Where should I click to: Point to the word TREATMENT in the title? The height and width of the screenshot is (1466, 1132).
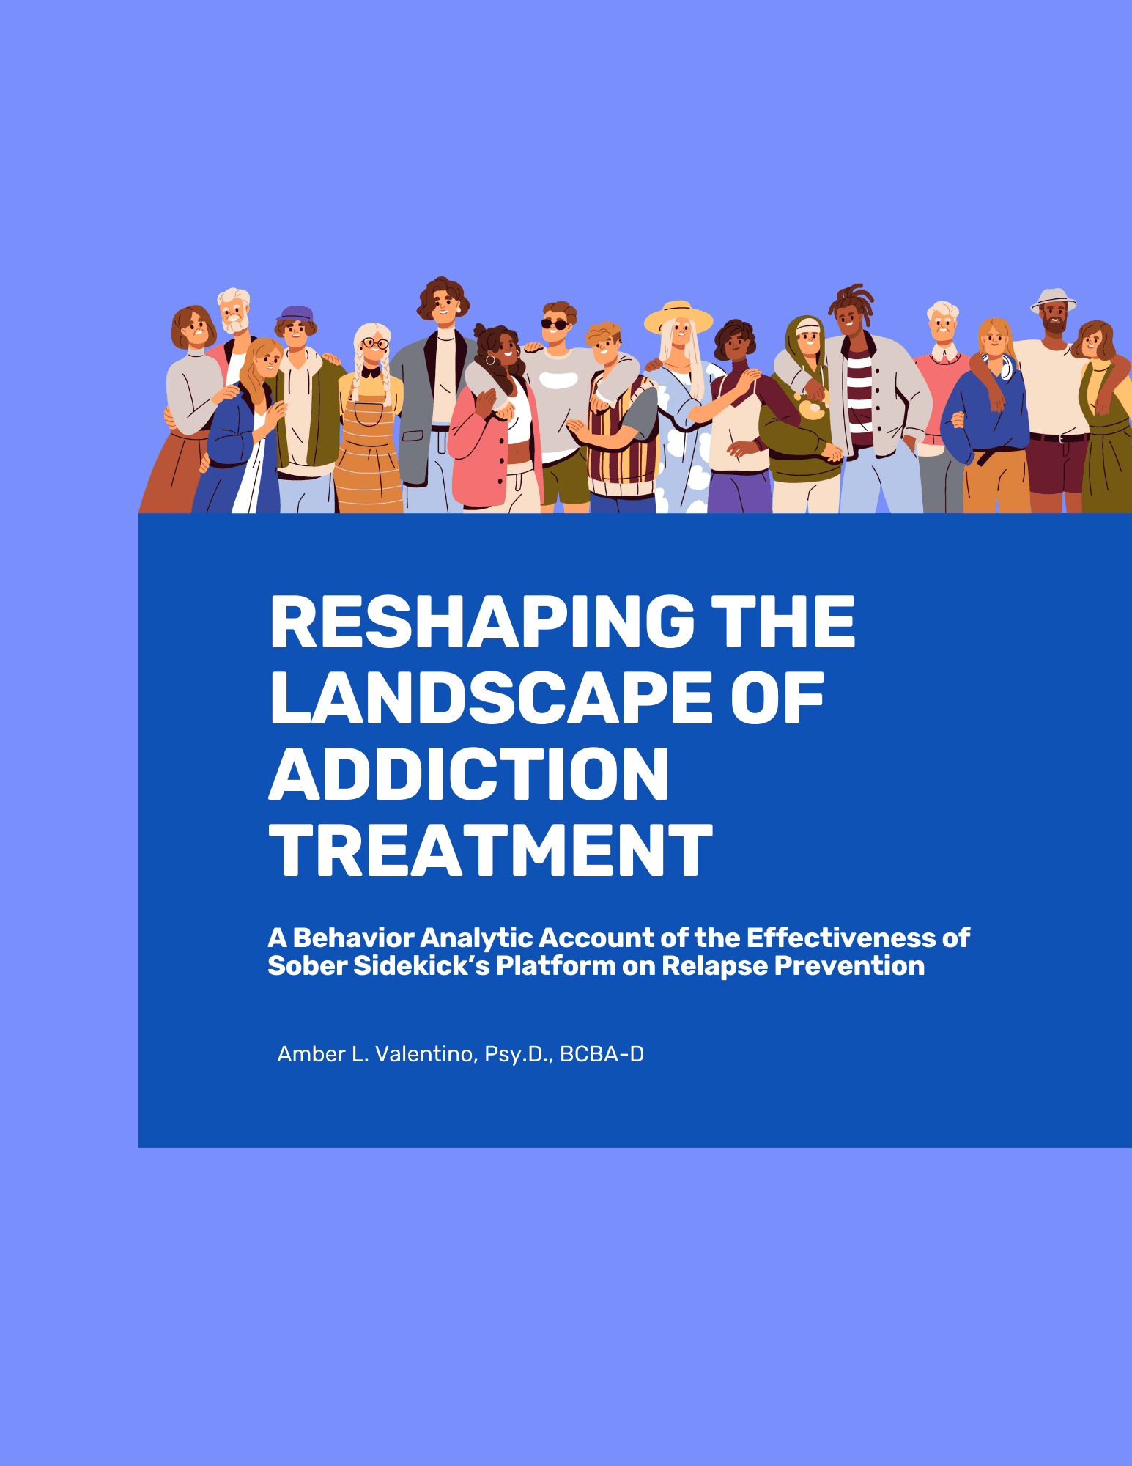pos(491,850)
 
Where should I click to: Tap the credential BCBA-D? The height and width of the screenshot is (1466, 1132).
pos(602,1054)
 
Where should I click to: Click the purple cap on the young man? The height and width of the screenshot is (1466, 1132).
pos(295,314)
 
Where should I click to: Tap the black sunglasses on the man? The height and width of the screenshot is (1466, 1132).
pos(555,325)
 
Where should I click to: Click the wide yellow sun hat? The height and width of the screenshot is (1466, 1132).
pos(678,317)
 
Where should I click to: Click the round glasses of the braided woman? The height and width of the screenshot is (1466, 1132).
pos(375,343)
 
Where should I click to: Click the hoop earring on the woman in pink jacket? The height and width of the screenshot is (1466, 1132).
pos(490,360)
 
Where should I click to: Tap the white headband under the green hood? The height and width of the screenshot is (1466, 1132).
pos(808,327)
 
